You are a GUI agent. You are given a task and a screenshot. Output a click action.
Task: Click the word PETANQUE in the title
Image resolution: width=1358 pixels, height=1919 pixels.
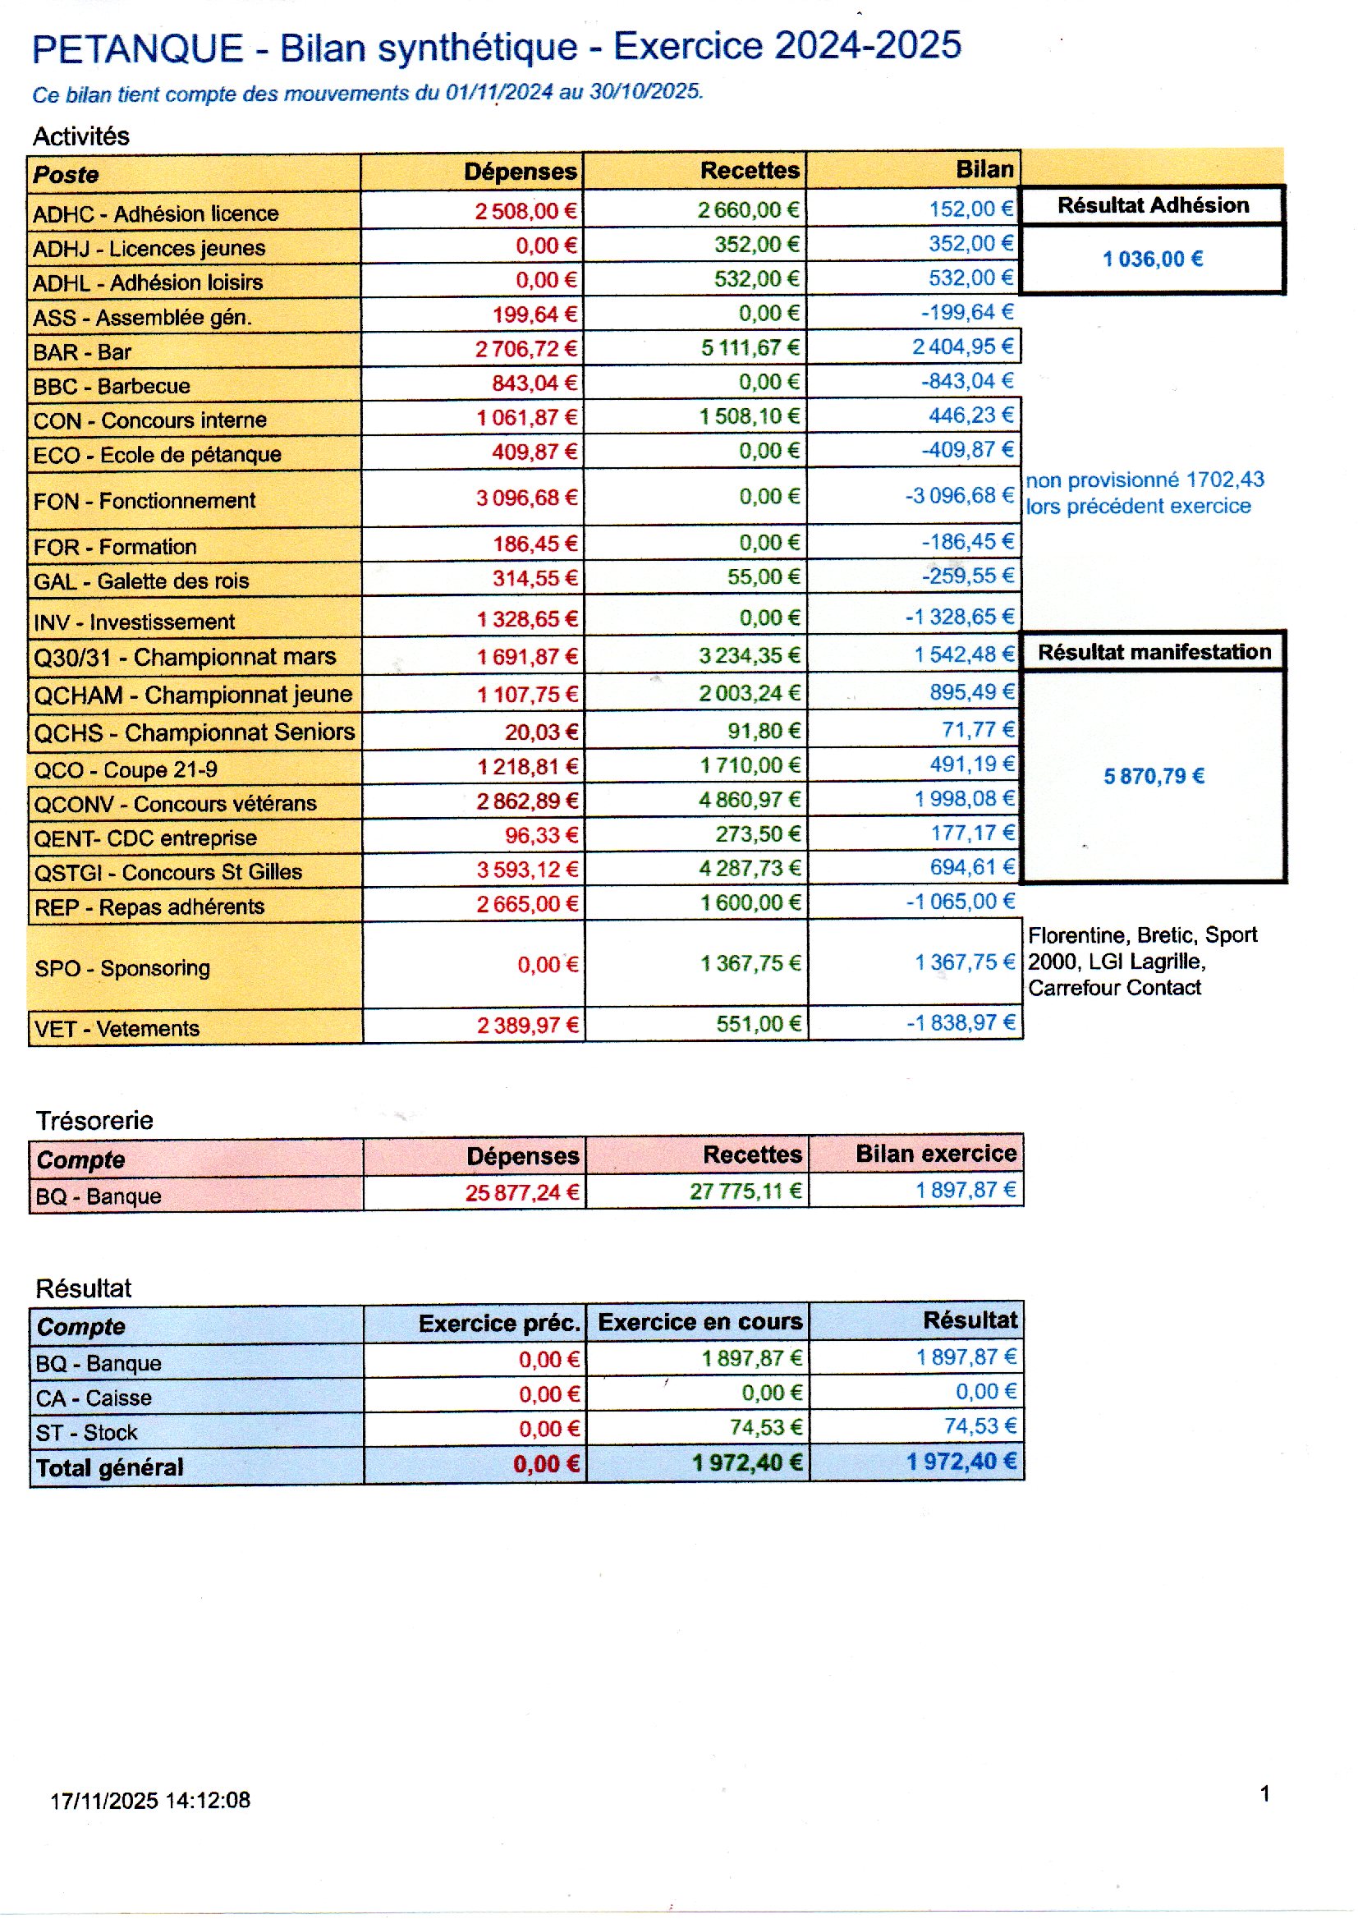pyautogui.click(x=137, y=48)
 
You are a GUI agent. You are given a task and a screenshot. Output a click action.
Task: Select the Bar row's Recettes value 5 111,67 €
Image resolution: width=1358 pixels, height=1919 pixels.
pyautogui.click(x=750, y=348)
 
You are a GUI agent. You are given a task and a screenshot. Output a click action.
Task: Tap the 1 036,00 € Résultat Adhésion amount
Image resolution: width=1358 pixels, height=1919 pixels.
pyautogui.click(x=1152, y=259)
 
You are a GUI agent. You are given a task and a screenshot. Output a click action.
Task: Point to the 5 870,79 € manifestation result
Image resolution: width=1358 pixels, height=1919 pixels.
pyautogui.click(x=1153, y=777)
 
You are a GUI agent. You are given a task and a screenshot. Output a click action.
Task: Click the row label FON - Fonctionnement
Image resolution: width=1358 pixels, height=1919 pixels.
pyautogui.click(x=144, y=501)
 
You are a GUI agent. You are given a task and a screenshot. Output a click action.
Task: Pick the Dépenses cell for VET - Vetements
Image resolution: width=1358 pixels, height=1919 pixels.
pyautogui.click(x=528, y=1025)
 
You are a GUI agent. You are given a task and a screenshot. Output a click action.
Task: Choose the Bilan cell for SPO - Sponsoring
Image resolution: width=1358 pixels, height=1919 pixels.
pyautogui.click(x=965, y=963)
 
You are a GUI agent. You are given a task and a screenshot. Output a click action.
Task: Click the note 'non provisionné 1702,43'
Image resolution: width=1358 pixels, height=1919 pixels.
pyautogui.click(x=1145, y=480)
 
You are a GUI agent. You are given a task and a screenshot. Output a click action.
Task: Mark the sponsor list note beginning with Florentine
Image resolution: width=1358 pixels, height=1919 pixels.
pyautogui.click(x=1141, y=962)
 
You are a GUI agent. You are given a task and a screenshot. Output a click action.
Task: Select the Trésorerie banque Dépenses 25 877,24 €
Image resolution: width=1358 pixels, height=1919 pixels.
pyautogui.click(x=522, y=1193)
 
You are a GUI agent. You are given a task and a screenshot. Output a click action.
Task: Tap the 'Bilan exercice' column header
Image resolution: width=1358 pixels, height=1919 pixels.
pyautogui.click(x=936, y=1154)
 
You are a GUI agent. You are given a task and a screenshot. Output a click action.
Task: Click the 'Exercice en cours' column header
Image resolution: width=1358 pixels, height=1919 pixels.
pyautogui.click(x=700, y=1322)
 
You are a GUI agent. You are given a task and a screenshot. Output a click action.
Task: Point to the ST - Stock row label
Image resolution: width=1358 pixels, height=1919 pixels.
pyautogui.click(x=86, y=1433)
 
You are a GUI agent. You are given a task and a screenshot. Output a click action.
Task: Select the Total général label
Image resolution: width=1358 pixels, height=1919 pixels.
pyautogui.click(x=109, y=1468)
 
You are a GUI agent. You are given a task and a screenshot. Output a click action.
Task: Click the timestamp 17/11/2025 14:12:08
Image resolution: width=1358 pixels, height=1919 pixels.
pyautogui.click(x=150, y=1800)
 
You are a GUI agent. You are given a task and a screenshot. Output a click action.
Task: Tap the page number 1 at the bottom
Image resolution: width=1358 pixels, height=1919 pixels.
pyautogui.click(x=1264, y=1793)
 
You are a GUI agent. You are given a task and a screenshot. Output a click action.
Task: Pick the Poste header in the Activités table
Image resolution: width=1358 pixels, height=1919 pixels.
pyautogui.click(x=66, y=175)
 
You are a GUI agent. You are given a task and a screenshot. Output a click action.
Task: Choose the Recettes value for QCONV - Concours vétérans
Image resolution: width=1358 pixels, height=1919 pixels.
pyautogui.click(x=750, y=801)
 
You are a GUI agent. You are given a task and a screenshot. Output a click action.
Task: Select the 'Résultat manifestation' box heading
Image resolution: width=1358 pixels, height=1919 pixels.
pyautogui.click(x=1154, y=652)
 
